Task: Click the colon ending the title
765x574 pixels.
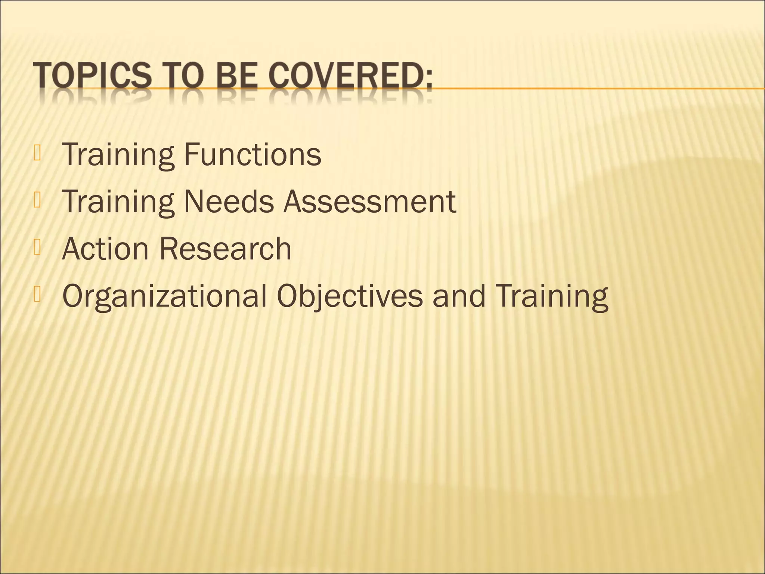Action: (428, 78)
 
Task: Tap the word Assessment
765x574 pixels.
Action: (369, 202)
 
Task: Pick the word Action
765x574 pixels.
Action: (105, 249)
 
